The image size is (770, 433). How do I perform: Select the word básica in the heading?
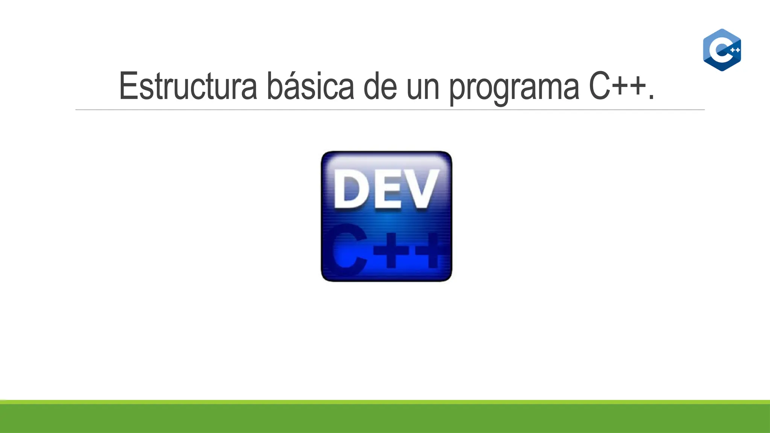pos(310,86)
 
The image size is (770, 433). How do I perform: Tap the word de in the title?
pos(380,86)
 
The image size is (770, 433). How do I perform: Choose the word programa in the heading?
pos(514,88)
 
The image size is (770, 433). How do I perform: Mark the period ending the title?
pos(651,97)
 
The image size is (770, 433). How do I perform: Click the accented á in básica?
pos(293,87)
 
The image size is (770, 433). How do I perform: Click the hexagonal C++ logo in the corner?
pos(722,50)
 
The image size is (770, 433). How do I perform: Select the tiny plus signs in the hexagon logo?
pos(735,50)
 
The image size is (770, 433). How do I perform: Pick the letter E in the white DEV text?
pos(388,189)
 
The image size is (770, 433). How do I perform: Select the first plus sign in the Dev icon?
pos(391,250)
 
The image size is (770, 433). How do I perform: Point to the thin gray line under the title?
pos(390,110)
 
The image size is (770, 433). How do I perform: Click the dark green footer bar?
pos(385,419)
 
